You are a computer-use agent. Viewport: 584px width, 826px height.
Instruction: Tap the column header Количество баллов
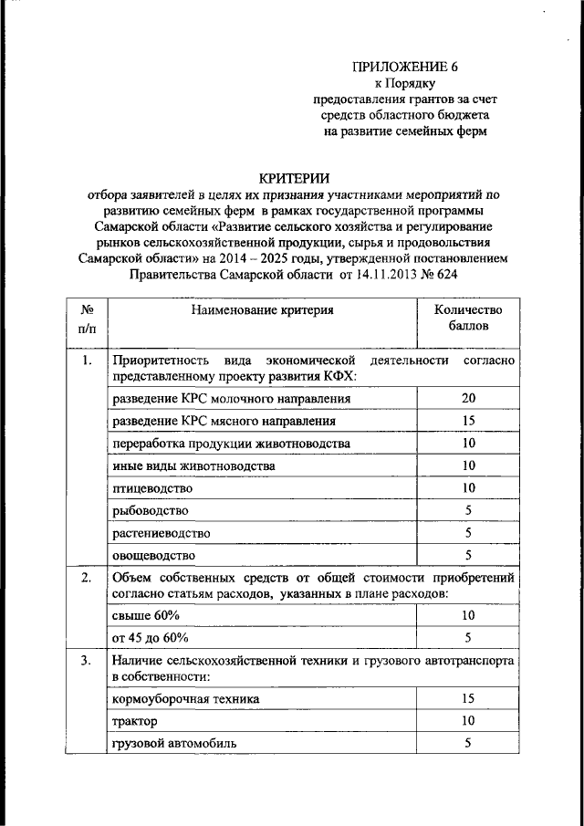pyautogui.click(x=466, y=317)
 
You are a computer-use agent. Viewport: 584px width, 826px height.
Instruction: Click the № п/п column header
pyautogui.click(x=88, y=317)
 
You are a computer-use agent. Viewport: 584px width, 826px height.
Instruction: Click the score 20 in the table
pyautogui.click(x=466, y=399)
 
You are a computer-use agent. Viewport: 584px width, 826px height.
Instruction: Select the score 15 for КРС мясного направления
pyautogui.click(x=466, y=421)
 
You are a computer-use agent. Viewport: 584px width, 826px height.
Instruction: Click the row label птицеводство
pyautogui.click(x=152, y=487)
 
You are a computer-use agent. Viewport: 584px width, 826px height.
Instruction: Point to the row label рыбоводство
pyautogui.click(x=151, y=510)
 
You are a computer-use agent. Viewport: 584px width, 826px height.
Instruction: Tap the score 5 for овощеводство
pyautogui.click(x=466, y=554)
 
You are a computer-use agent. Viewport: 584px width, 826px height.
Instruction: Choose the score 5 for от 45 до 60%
pyautogui.click(x=466, y=637)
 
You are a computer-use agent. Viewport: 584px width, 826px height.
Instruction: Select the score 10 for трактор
pyautogui.click(x=466, y=721)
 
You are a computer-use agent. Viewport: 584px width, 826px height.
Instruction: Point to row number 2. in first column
pyautogui.click(x=87, y=578)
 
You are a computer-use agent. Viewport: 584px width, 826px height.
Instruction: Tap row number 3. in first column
pyautogui.click(x=87, y=660)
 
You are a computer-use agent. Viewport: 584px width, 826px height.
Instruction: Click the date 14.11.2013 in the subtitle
pyautogui.click(x=381, y=274)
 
